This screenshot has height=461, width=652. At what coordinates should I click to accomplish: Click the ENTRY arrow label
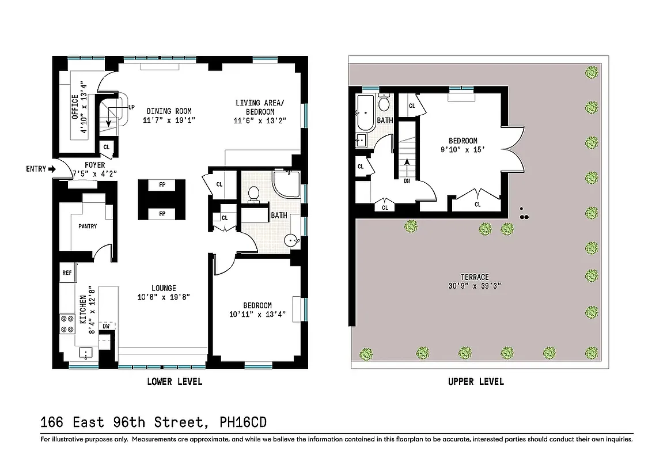(40, 169)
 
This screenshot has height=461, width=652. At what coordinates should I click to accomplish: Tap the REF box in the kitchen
(67, 273)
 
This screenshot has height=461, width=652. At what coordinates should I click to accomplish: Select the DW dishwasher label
(106, 326)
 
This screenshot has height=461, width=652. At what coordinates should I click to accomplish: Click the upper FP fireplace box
(162, 185)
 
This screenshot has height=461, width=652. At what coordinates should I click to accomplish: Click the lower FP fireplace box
(162, 214)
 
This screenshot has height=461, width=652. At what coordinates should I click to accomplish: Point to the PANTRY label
(88, 226)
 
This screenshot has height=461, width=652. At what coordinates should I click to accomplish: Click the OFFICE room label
(75, 107)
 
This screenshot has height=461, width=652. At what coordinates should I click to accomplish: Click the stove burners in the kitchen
(67, 324)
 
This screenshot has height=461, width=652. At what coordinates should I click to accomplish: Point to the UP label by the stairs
(131, 107)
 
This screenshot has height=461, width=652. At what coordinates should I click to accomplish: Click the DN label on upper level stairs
(407, 180)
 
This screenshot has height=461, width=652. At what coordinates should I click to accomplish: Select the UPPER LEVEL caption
(476, 381)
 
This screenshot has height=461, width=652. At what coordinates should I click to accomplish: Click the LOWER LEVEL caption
(175, 381)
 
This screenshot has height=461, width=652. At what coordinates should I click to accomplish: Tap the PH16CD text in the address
(244, 422)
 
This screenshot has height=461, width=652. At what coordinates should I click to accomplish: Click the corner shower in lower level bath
(286, 184)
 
